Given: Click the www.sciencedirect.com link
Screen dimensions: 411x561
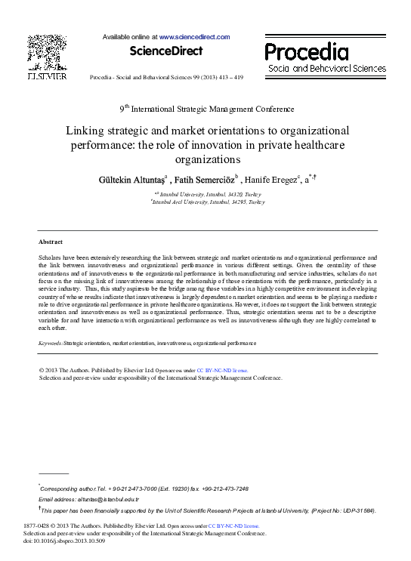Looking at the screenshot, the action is pyautogui.click(x=194, y=36).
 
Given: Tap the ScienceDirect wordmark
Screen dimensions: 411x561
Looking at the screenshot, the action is pyautogui.click(x=166, y=51).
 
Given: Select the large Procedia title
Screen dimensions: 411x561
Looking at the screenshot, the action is pyautogui.click(x=307, y=52).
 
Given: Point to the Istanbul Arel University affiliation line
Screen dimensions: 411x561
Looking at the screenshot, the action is pyautogui.click(x=209, y=202).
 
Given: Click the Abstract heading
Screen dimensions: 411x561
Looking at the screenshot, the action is pyautogui.click(x=51, y=242).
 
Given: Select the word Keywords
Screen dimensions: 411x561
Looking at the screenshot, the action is pyautogui.click(x=51, y=343).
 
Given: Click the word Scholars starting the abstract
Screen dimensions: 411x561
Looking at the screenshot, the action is pyautogui.click(x=51, y=257).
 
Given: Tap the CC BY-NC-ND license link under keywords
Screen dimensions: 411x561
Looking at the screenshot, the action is pyautogui.click(x=221, y=371).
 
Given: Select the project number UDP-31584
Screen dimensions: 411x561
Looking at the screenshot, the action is pyautogui.click(x=356, y=510).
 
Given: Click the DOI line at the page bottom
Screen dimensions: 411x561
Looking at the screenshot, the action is pyautogui.click(x=64, y=541).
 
